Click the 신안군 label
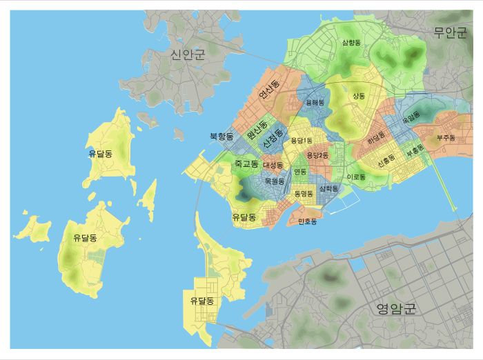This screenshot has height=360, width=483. [x=188, y=54]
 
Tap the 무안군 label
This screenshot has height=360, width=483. [x=451, y=33]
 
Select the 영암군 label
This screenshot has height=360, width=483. [x=396, y=308]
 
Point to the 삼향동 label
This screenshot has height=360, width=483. [x=351, y=43]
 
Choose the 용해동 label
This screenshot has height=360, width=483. [x=315, y=102]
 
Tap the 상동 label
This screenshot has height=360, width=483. [x=359, y=96]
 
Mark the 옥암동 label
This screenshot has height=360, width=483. [x=411, y=118]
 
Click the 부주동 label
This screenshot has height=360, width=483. [x=446, y=138]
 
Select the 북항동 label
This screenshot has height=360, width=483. [x=221, y=137]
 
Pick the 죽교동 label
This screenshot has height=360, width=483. [x=246, y=164]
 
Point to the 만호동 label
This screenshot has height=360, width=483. [x=307, y=221]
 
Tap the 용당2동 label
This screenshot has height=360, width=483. [x=318, y=156]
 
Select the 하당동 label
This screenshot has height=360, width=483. [x=377, y=137]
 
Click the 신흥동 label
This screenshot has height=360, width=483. [x=386, y=158]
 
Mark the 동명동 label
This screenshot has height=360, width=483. [x=304, y=194]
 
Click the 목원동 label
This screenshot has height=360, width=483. [x=275, y=181]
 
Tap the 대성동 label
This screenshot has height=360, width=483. [x=273, y=166]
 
